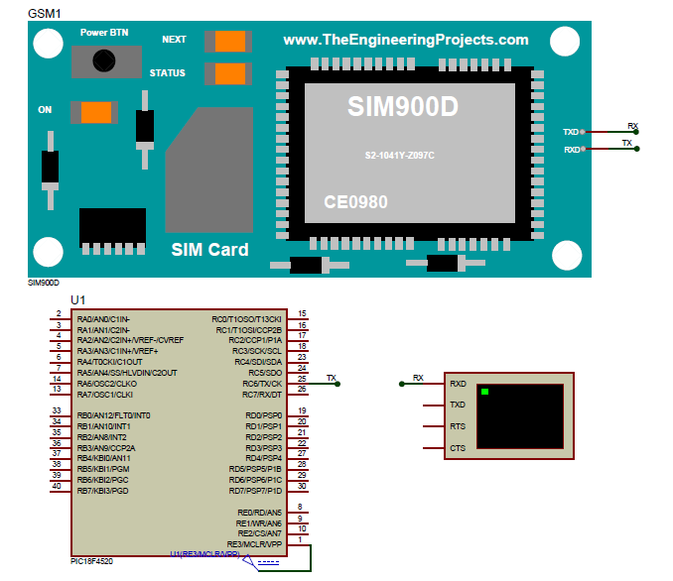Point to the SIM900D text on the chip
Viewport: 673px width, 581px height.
pyautogui.click(x=403, y=107)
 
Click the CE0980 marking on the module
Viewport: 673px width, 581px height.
pyautogui.click(x=355, y=202)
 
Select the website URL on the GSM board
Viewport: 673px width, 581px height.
pyautogui.click(x=406, y=40)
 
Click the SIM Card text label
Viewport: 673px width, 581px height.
pyautogui.click(x=209, y=250)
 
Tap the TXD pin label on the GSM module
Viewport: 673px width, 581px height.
pyautogui.click(x=571, y=132)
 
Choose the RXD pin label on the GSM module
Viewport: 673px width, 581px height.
pyautogui.click(x=571, y=150)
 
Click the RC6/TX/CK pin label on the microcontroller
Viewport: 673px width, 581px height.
pyautogui.click(x=262, y=384)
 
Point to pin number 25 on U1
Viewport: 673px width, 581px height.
pyautogui.click(x=301, y=379)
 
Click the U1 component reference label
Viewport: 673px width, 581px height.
pyautogui.click(x=78, y=299)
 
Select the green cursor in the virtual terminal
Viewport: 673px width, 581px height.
pyautogui.click(x=484, y=393)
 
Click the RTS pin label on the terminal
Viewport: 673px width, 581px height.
pyautogui.click(x=458, y=426)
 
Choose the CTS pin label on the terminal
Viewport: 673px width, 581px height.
pyautogui.click(x=458, y=448)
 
